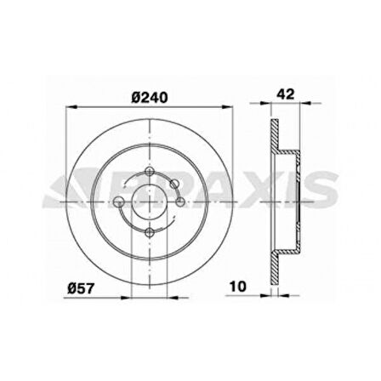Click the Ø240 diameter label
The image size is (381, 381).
coord(150,96)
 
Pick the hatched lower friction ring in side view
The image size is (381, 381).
coord(276,255)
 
